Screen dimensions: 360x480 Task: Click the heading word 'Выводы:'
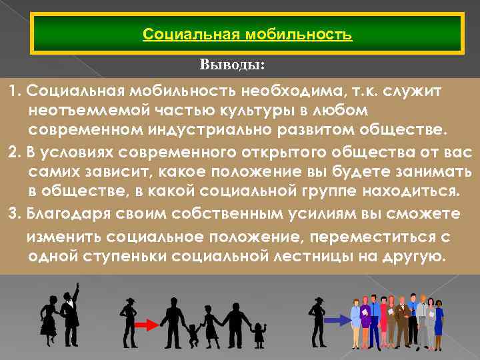click(232, 65)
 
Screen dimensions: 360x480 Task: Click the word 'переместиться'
click(358, 237)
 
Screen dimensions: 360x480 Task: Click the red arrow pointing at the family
click(145, 324)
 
